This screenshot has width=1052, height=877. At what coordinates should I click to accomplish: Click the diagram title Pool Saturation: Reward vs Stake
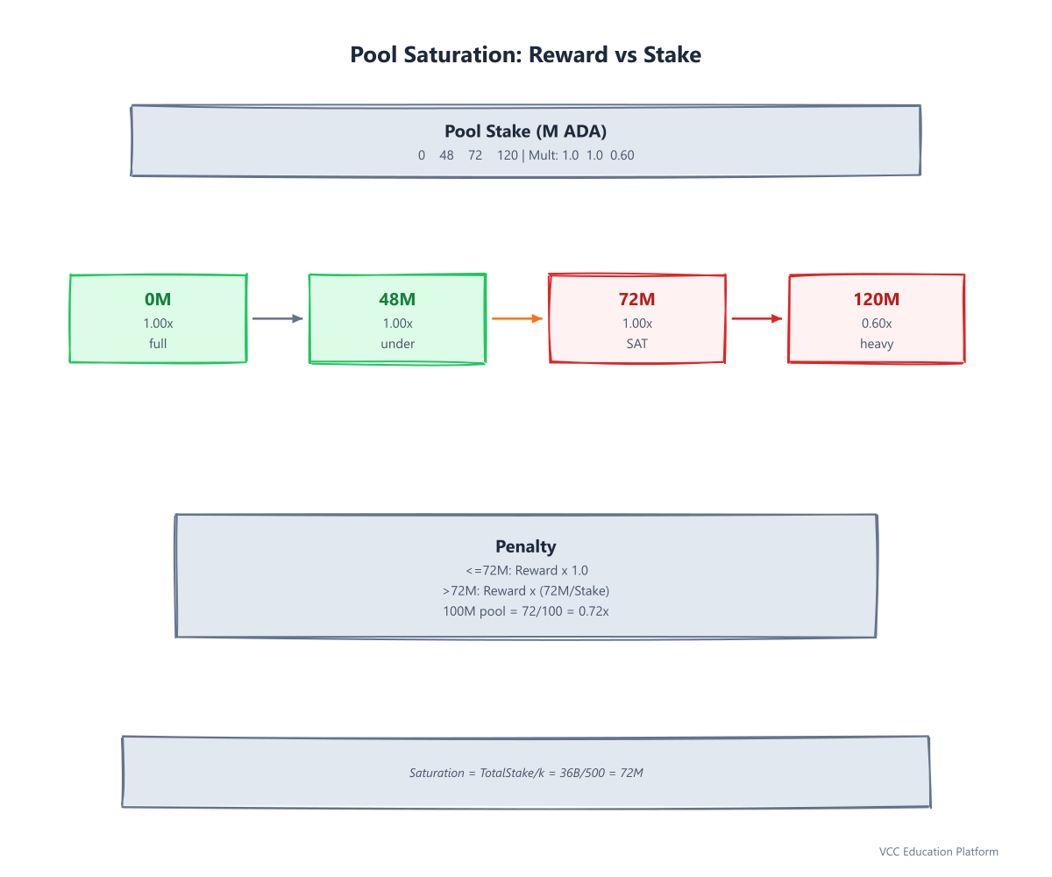coord(525,54)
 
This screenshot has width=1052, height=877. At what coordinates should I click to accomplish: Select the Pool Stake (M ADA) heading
coord(525,131)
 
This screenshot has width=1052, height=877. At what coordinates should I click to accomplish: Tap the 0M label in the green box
coord(158,299)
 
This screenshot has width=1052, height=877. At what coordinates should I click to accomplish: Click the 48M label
coord(397,299)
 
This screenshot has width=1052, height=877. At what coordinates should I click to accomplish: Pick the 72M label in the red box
coord(636,299)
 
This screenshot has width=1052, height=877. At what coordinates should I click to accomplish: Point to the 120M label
coord(876,299)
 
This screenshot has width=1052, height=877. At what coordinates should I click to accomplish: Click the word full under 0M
coord(158,343)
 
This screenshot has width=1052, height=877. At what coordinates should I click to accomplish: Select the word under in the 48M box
coord(397,344)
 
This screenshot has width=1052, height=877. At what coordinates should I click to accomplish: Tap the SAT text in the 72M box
coord(636,344)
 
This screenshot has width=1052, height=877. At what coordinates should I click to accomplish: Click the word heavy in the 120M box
coord(877,345)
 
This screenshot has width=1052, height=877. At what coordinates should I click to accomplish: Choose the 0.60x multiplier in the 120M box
coord(877,323)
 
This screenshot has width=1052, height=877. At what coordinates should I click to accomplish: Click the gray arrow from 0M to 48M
coord(278,318)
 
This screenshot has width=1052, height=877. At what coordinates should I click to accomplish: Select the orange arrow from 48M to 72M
coord(517,318)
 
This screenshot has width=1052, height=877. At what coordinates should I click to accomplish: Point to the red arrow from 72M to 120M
coord(757,318)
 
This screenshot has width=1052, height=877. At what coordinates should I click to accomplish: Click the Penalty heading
coord(525,546)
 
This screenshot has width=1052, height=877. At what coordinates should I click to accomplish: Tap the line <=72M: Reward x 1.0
coord(527,570)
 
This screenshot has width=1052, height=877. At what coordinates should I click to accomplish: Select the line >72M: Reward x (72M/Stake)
coord(526,591)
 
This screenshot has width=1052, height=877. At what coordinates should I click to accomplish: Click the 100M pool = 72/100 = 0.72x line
coord(525,611)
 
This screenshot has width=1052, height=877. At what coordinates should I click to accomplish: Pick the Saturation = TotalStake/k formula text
coord(526,773)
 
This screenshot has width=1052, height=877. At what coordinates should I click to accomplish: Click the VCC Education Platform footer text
coord(938,852)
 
